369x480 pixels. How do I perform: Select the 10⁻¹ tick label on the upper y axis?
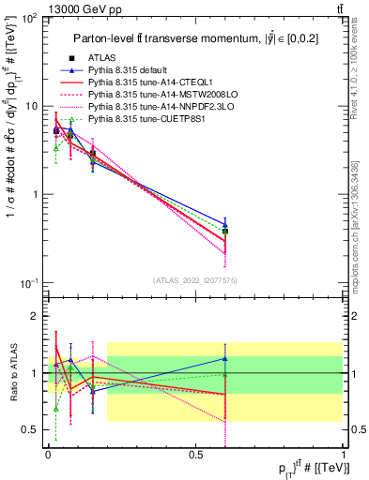point(30,283)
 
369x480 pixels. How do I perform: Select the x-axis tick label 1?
point(343,454)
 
